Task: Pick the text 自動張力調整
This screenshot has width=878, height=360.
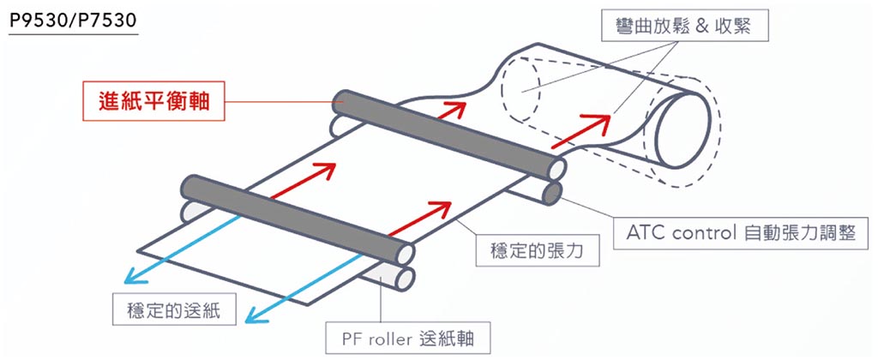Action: click(803, 232)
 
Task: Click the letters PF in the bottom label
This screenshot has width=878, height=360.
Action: click(354, 339)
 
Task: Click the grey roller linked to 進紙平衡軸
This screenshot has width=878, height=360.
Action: click(446, 129)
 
